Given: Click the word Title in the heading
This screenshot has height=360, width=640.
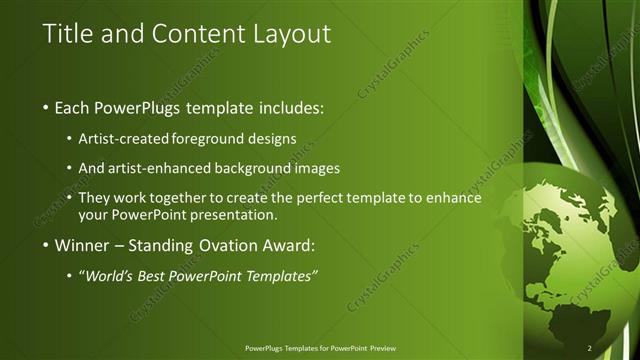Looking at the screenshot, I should tap(69, 34).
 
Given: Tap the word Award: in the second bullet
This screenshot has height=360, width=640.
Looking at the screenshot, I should tap(286, 246).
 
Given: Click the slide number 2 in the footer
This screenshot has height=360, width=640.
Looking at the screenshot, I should tap(590, 347).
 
